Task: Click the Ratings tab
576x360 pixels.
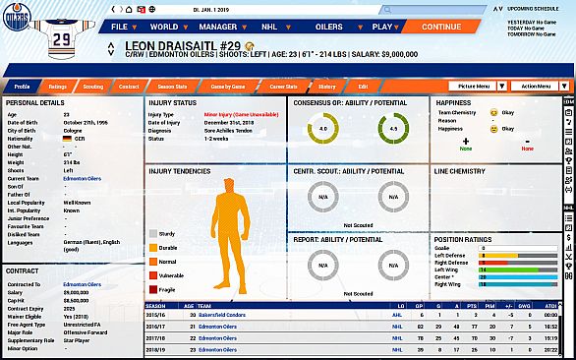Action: click(x=58, y=86)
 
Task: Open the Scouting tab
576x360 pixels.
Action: click(x=93, y=86)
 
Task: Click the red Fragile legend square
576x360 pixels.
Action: click(x=153, y=289)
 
